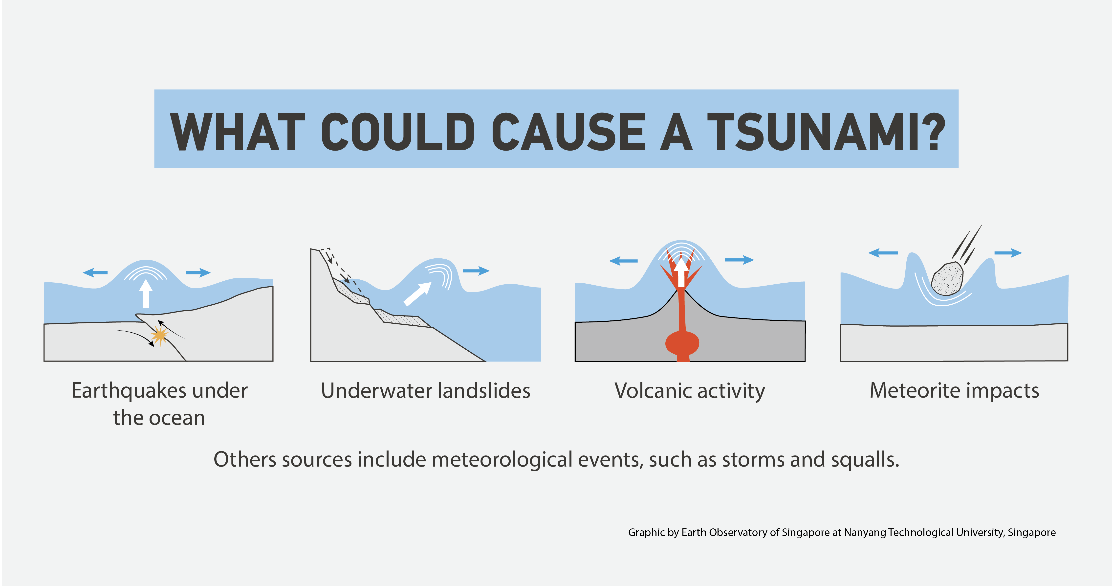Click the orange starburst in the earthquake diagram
tap(159, 335)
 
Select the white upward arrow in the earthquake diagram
tap(146, 293)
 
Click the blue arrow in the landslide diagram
tap(476, 271)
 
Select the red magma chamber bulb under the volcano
tap(682, 343)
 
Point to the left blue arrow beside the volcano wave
tap(623, 261)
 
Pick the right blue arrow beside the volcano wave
tap(739, 260)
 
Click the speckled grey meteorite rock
tap(947, 279)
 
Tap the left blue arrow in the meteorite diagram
tap(883, 252)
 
